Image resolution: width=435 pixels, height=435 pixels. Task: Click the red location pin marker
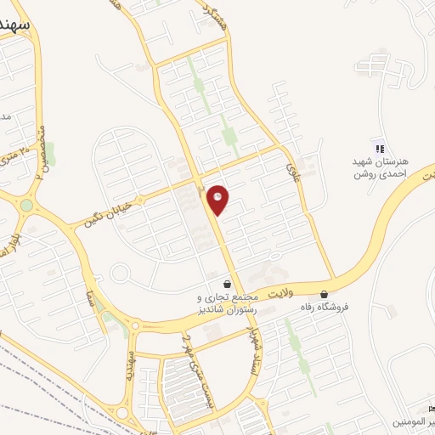218,201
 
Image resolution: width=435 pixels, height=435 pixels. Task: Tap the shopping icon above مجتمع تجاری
227,284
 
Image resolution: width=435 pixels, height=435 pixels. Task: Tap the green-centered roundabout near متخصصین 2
26,205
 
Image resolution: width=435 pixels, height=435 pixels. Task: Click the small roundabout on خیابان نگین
119,274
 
